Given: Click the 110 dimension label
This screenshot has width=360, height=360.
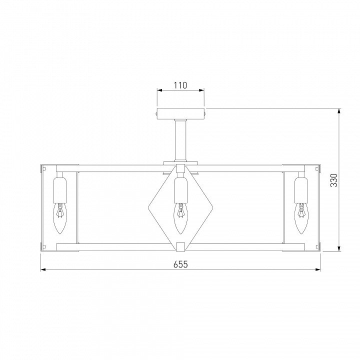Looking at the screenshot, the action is click(180, 85).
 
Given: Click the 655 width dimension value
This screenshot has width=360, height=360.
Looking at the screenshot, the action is click(180, 264).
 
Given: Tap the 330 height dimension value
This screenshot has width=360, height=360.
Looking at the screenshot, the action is click(334, 180).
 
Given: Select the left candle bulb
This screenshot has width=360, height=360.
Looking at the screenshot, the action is click(59, 218).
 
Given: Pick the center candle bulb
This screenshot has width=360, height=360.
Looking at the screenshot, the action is click(180, 218).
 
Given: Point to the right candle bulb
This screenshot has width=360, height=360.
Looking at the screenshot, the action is click(301, 218).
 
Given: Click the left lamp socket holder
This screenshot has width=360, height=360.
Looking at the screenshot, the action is click(59, 190).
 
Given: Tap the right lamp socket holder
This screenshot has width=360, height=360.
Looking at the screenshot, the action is click(301, 190).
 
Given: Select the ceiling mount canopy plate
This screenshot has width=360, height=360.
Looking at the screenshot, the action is click(180, 113).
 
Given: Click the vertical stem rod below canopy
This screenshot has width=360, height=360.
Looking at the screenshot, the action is click(180, 140).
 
